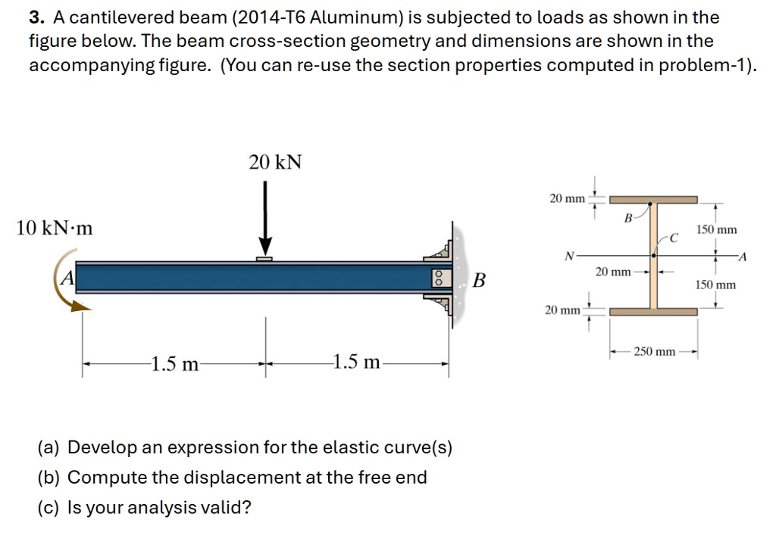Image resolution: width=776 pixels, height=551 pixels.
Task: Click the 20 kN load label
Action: (x=275, y=162)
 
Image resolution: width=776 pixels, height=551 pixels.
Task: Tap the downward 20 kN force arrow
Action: (x=265, y=219)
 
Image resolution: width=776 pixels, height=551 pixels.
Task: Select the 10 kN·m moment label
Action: (x=54, y=227)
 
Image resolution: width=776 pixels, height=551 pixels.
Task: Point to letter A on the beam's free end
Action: (x=67, y=277)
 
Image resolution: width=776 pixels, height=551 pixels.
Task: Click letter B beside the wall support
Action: (x=478, y=281)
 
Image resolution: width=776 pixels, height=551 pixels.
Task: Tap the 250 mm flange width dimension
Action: (x=655, y=352)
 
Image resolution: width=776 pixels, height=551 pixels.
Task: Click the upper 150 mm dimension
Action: (x=716, y=229)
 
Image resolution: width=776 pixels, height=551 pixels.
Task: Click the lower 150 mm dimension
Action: (x=716, y=285)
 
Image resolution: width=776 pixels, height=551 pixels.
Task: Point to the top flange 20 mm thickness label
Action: (x=567, y=198)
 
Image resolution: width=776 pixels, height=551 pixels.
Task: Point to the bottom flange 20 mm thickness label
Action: (x=563, y=310)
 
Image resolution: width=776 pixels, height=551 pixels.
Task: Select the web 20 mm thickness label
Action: (x=612, y=271)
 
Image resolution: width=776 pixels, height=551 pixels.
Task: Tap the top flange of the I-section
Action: (x=653, y=201)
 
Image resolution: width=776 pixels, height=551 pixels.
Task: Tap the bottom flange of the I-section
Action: (x=653, y=311)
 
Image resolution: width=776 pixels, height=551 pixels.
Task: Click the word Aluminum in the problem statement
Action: (x=353, y=17)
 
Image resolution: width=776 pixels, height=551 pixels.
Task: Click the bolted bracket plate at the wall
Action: (x=437, y=277)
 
